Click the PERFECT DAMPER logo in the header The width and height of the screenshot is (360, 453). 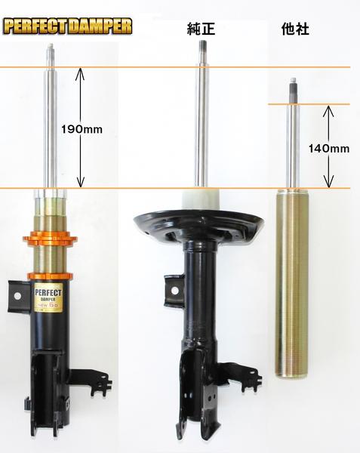(67, 27)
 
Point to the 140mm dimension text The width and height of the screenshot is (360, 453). (329, 149)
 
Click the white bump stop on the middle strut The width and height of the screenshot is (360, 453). (201, 198)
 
